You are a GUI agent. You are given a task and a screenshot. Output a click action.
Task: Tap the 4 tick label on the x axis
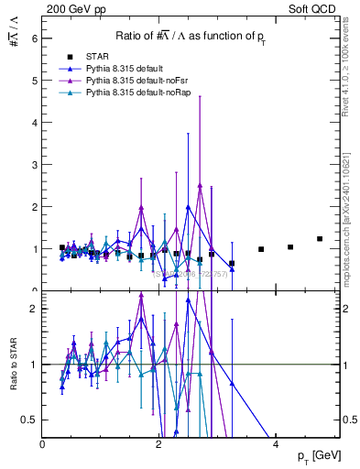point(276,444)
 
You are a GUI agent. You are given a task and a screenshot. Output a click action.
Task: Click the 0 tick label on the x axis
point(43,444)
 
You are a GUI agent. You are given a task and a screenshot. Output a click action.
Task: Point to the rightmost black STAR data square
point(320,238)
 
